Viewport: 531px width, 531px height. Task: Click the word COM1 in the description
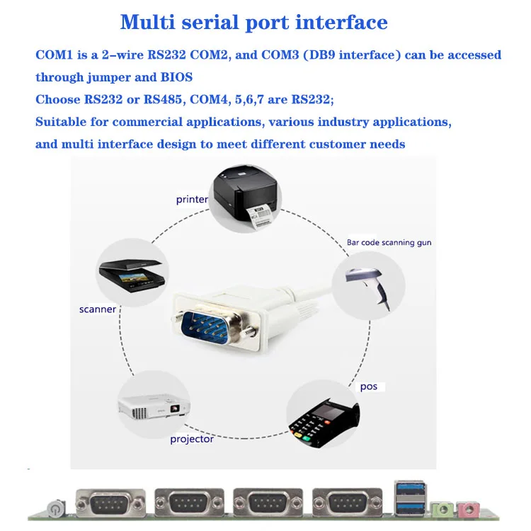pos(52,55)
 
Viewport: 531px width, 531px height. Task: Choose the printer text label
pos(192,200)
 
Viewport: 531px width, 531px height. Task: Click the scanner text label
pos(98,309)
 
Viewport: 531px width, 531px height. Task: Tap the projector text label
pos(191,439)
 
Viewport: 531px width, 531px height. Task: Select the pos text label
pos(368,387)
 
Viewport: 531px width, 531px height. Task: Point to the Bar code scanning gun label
pos(389,243)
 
